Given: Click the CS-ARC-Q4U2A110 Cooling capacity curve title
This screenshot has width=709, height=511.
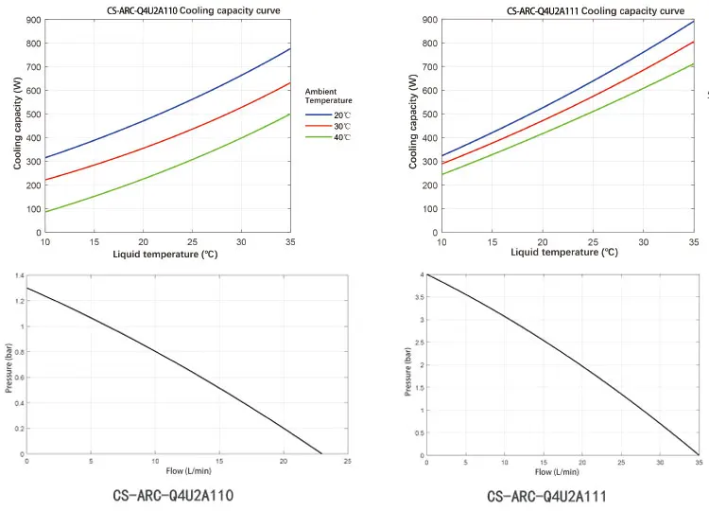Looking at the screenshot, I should (193, 10).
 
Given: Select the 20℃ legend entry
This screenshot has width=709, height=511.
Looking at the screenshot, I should (338, 115).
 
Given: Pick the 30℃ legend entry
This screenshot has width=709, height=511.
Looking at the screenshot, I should (338, 126).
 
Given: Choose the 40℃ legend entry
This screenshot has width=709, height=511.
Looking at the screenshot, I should (338, 138).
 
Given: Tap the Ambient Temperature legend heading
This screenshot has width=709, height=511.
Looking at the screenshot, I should (329, 95).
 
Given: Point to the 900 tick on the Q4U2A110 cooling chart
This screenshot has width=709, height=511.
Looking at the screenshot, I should (32, 20).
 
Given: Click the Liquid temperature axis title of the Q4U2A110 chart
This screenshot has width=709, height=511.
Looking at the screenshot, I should (166, 254).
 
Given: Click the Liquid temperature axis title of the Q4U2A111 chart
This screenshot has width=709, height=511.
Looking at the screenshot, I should (564, 253).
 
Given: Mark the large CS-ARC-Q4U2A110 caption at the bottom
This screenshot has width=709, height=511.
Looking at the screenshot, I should (173, 495).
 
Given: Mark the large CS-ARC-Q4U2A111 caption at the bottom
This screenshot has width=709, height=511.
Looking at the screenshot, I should (546, 496).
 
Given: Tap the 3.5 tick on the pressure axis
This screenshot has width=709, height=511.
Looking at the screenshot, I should (419, 297).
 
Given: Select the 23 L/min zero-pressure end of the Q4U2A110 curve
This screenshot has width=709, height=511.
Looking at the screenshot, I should (321, 454).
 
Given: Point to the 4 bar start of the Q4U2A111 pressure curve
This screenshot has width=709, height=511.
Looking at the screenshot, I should (427, 275).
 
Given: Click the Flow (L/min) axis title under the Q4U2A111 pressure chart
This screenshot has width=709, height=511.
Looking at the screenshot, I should (556, 471).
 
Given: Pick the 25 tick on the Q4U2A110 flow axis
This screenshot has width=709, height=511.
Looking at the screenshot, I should (347, 462).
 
